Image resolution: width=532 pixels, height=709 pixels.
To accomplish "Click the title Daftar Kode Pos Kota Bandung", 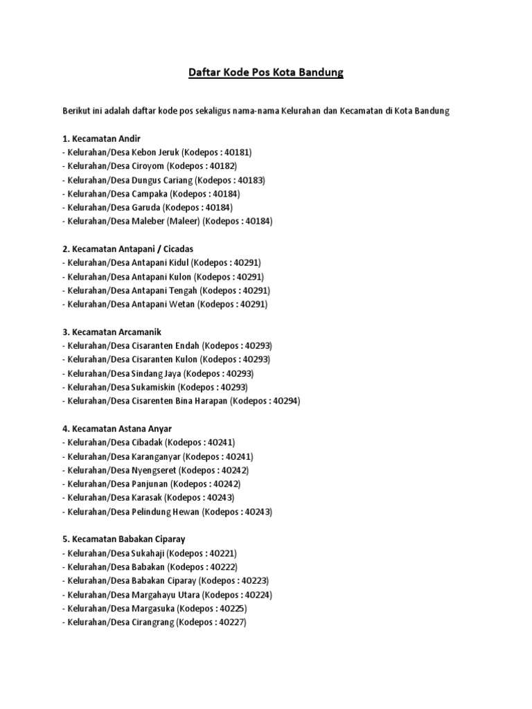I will pos(266,73).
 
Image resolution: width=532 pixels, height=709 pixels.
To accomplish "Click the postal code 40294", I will pos(286,401).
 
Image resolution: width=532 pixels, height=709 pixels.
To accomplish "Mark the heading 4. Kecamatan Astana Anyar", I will pos(117,429).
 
